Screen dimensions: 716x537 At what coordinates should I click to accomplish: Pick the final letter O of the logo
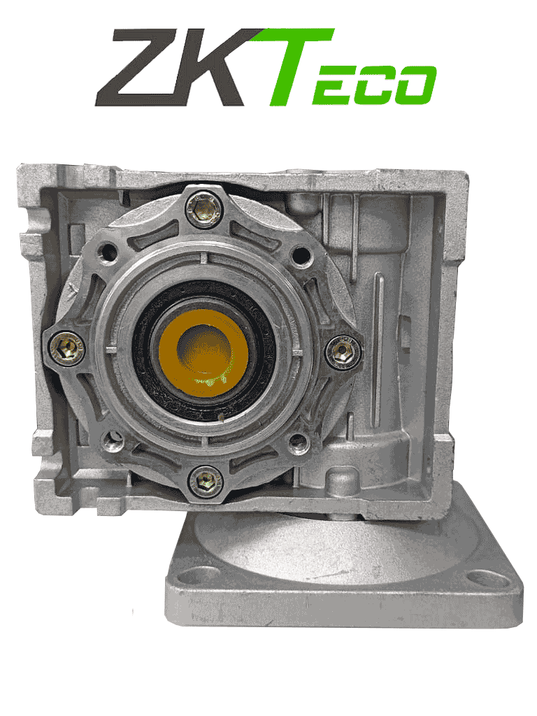coord(416,85)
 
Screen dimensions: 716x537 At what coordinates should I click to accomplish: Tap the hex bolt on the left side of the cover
coord(66,346)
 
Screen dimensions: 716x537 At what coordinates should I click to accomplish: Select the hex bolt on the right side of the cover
coord(343,348)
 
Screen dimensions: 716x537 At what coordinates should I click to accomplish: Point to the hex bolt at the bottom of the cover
coord(206,480)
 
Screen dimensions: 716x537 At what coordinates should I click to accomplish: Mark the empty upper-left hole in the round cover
coord(108,250)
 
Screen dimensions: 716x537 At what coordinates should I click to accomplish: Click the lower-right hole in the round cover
coord(299,441)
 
